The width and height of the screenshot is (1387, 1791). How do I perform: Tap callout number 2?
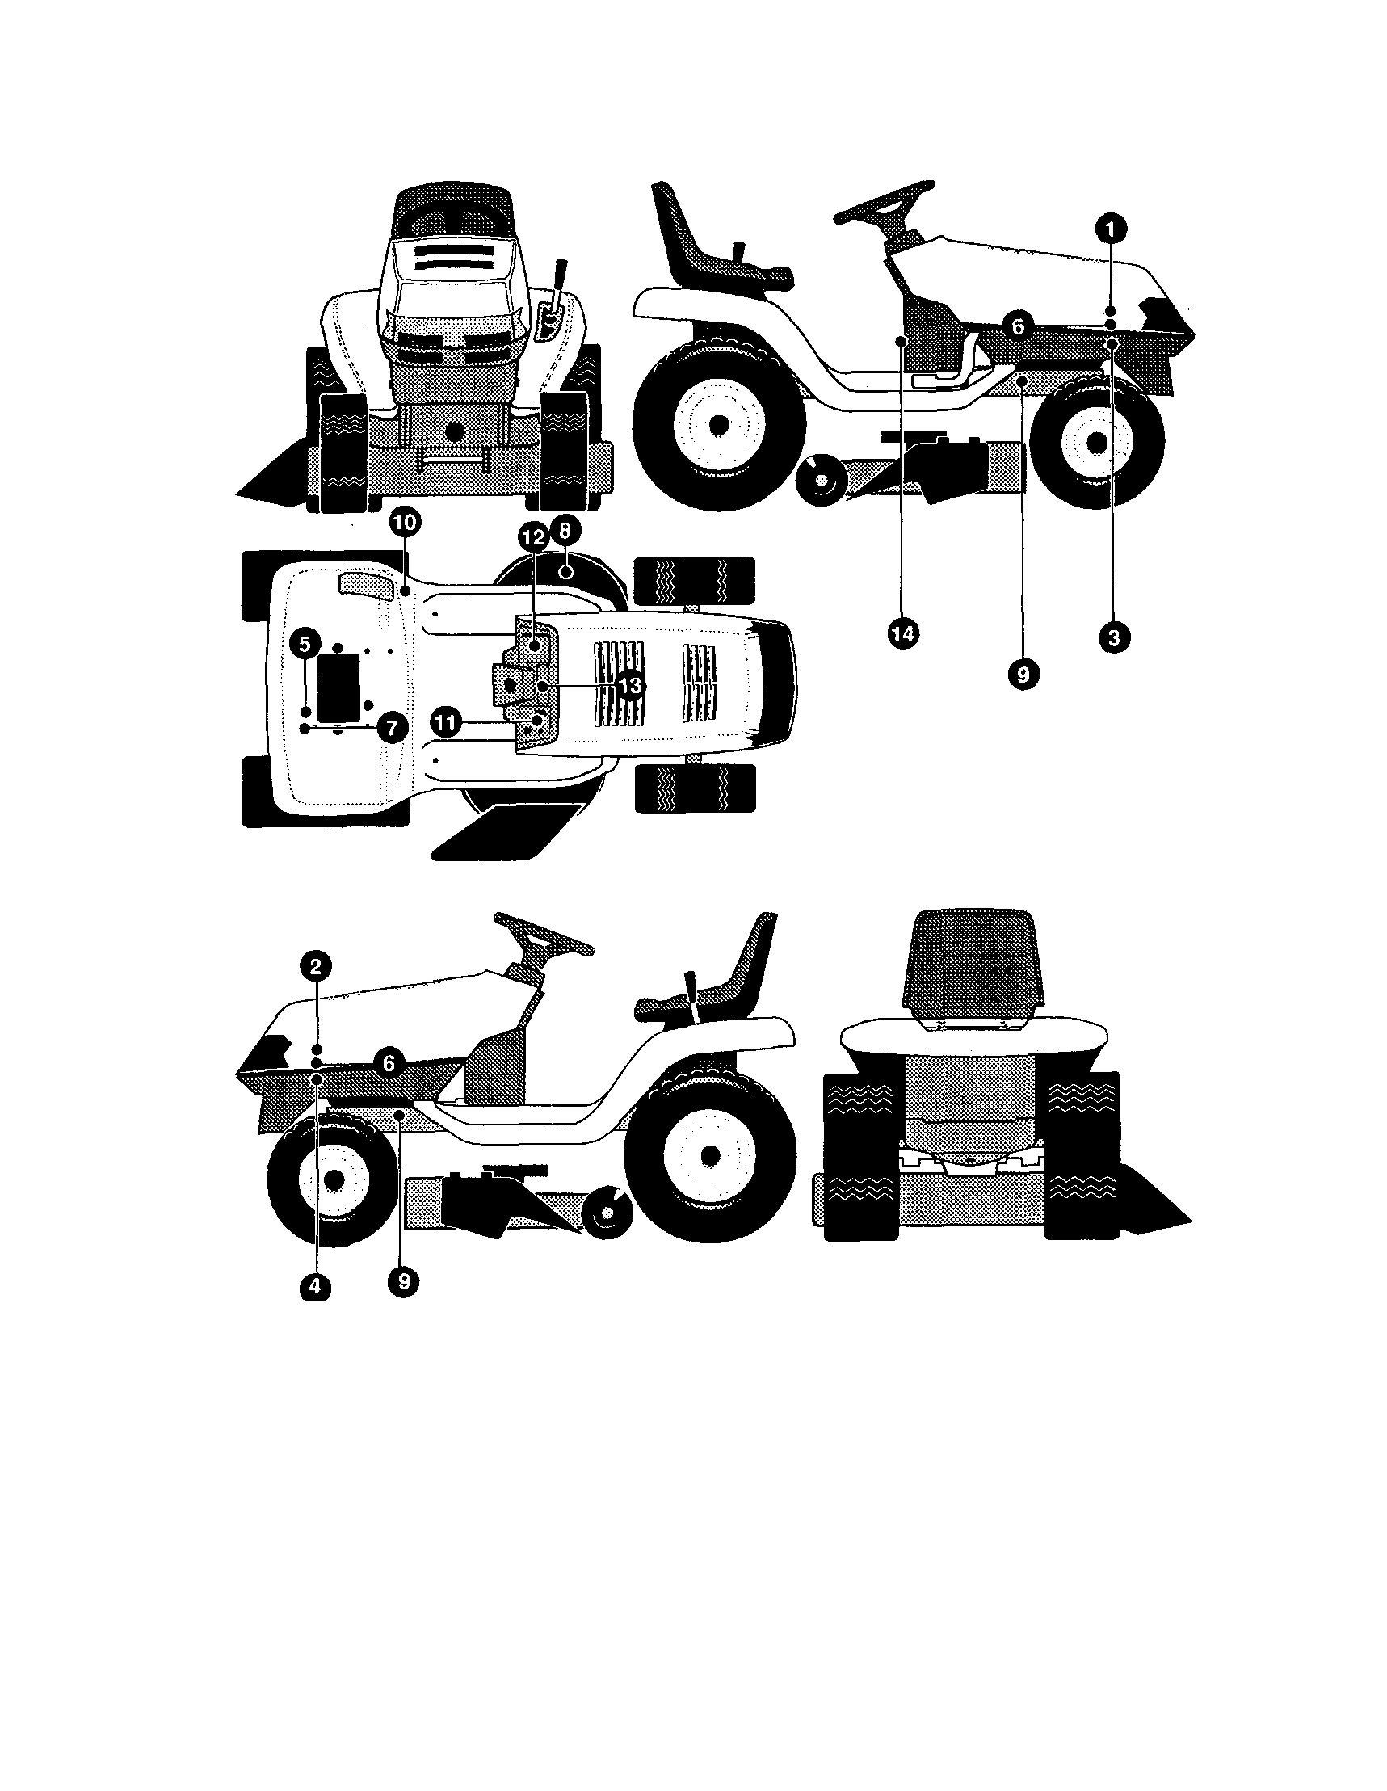click(316, 966)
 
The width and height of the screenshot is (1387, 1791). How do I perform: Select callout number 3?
click(1113, 637)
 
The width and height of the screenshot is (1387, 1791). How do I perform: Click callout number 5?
click(305, 644)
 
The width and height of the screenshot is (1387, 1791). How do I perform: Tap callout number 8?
click(565, 531)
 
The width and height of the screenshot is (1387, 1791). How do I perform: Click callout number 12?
click(533, 538)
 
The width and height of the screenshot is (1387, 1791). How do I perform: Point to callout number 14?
click(902, 633)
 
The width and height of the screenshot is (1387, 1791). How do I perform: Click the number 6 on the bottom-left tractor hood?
click(389, 1064)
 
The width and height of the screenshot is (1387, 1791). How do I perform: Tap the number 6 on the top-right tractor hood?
click(1018, 326)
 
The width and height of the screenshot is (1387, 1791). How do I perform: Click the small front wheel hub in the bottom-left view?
click(334, 1179)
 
